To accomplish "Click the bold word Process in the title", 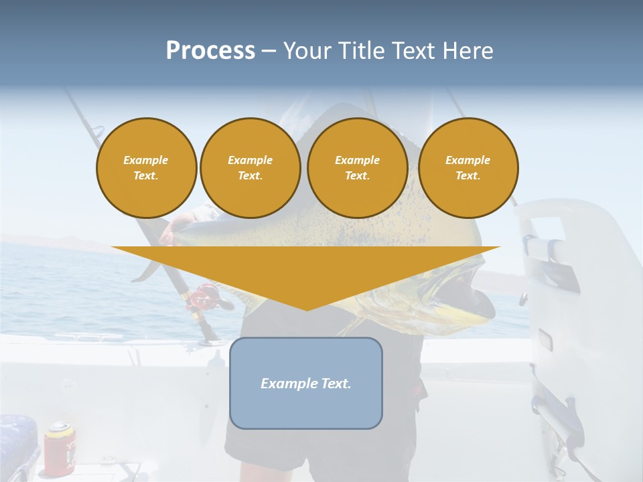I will (x=210, y=51).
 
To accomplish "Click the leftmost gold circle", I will (x=147, y=168).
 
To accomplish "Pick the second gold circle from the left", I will (x=251, y=168).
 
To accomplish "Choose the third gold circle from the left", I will (x=358, y=168).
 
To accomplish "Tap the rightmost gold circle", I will (x=468, y=168).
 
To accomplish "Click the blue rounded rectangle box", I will (x=306, y=383).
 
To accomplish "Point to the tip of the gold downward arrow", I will (x=307, y=309).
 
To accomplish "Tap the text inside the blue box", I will (x=306, y=384).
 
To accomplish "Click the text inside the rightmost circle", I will (x=468, y=168).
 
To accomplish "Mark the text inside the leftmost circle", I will (x=146, y=168).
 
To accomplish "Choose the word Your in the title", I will (x=305, y=51).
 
